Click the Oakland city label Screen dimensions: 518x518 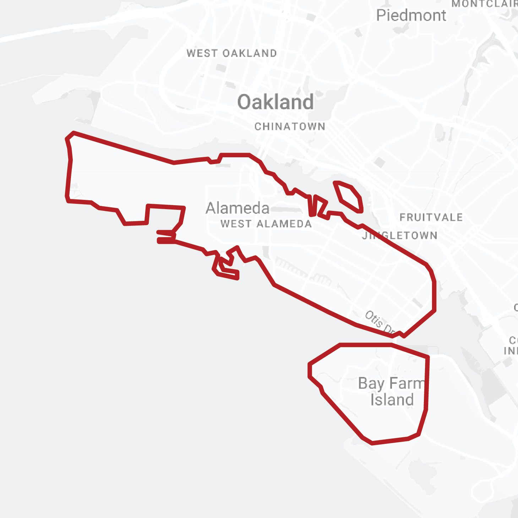[276, 102]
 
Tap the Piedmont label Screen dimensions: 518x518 [411, 16]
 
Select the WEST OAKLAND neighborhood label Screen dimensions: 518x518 [231, 53]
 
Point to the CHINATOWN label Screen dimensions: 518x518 [290, 126]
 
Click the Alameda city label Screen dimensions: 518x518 [238, 208]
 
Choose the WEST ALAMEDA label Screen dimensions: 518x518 [266, 224]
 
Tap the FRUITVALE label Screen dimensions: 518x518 [431, 217]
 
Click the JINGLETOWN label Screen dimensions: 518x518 [399, 235]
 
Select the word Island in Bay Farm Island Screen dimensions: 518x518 [392, 400]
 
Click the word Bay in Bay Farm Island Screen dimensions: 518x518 [371, 384]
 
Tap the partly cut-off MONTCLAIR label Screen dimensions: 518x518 [484, 4]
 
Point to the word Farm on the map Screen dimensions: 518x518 [407, 384]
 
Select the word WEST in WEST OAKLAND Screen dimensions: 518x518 [202, 53]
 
